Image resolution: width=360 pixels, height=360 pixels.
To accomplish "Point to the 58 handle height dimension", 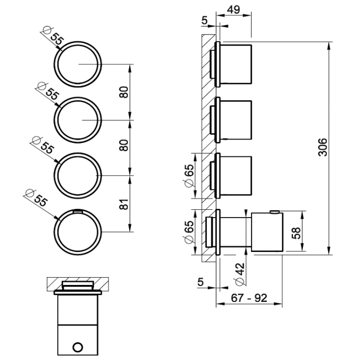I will coord(295,232).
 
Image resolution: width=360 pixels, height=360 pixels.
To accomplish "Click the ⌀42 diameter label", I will coord(238,273).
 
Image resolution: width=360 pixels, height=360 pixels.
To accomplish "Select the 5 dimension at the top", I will coord(205,20).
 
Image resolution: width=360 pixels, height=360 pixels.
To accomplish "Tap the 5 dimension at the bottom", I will coord(200,281).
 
